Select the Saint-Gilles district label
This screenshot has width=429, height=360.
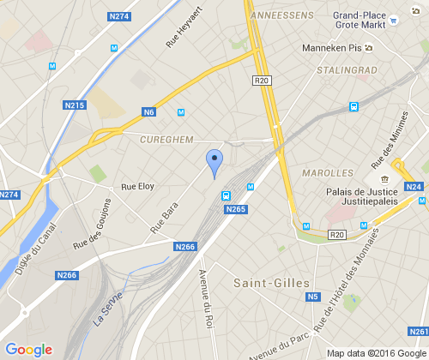(271, 281)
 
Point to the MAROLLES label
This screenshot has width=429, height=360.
(329, 173)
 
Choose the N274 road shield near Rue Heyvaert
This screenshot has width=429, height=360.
(119, 16)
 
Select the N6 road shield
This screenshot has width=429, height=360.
(149, 112)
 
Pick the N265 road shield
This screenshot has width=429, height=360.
(236, 209)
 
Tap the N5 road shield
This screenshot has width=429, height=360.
(312, 297)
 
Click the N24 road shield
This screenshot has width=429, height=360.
(414, 186)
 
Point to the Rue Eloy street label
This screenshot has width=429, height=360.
(137, 186)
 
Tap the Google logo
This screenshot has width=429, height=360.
(28, 350)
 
